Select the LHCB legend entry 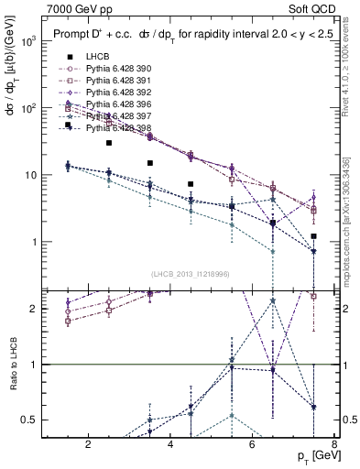point(97,57)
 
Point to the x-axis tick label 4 point(172,445)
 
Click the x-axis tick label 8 point(335,445)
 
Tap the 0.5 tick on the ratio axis point(29,420)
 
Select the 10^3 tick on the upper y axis point(27,42)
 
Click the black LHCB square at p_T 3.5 point(150,163)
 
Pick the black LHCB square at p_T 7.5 point(313,236)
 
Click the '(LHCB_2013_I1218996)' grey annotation point(191,274)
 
